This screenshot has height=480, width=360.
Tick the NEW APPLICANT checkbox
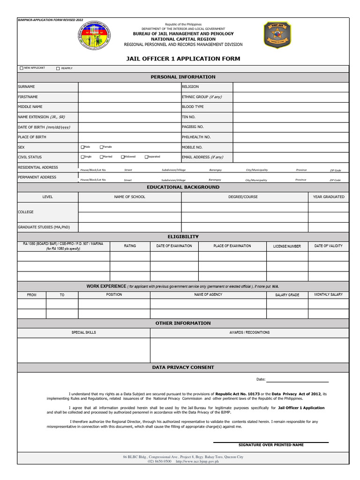coord(22,68)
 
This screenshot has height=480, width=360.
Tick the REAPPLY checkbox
coord(58,68)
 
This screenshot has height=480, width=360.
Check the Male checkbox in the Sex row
coord(83,147)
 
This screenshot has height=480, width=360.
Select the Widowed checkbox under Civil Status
coord(123,157)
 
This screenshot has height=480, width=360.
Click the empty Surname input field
coord(129,87)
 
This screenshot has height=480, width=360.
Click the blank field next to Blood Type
coord(291,107)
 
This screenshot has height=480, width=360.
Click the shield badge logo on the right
coord(277,35)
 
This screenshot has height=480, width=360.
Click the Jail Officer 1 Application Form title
coord(183,59)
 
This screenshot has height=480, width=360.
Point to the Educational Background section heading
coord(183,187)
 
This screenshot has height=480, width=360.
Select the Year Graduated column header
coord(329,197)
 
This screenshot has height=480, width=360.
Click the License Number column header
coord(287,246)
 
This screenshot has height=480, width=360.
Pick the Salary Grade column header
coord(287,295)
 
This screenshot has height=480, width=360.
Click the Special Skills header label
coord(83,332)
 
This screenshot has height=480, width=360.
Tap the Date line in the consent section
coord(297,379)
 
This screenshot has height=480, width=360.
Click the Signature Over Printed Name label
coord(271,445)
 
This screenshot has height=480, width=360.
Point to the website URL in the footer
coord(197,461)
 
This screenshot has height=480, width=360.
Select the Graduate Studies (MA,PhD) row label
coord(44,227)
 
